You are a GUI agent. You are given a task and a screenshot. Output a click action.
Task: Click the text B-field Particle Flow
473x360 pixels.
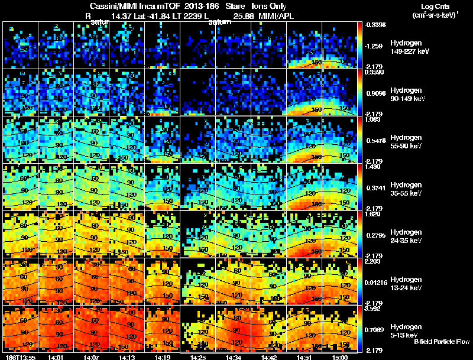coord(441,342)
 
